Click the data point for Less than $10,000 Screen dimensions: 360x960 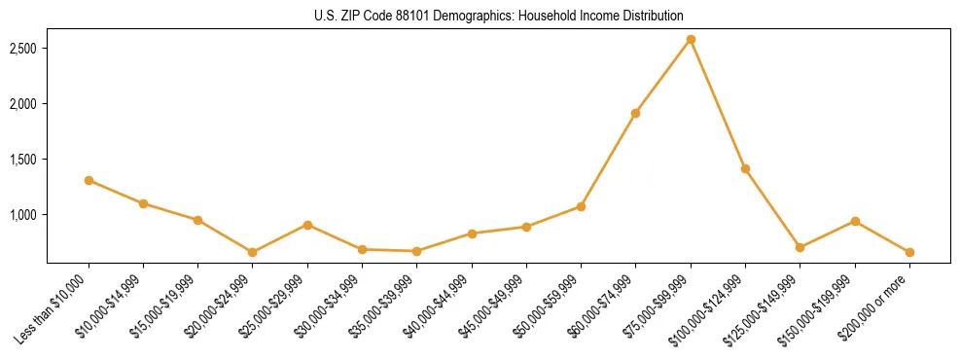click(89, 180)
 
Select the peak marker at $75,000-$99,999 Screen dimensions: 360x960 click(691, 39)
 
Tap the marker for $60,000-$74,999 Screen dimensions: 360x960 click(635, 113)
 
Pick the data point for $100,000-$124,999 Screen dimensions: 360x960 click(745, 168)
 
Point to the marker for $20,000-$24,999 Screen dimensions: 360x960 click(253, 252)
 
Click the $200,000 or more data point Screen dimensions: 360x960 click(909, 252)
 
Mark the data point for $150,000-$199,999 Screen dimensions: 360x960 click(855, 221)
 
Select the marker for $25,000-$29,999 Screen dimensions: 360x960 click(307, 225)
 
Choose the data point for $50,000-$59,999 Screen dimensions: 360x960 click(581, 206)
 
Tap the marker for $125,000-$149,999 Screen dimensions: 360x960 click(800, 247)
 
